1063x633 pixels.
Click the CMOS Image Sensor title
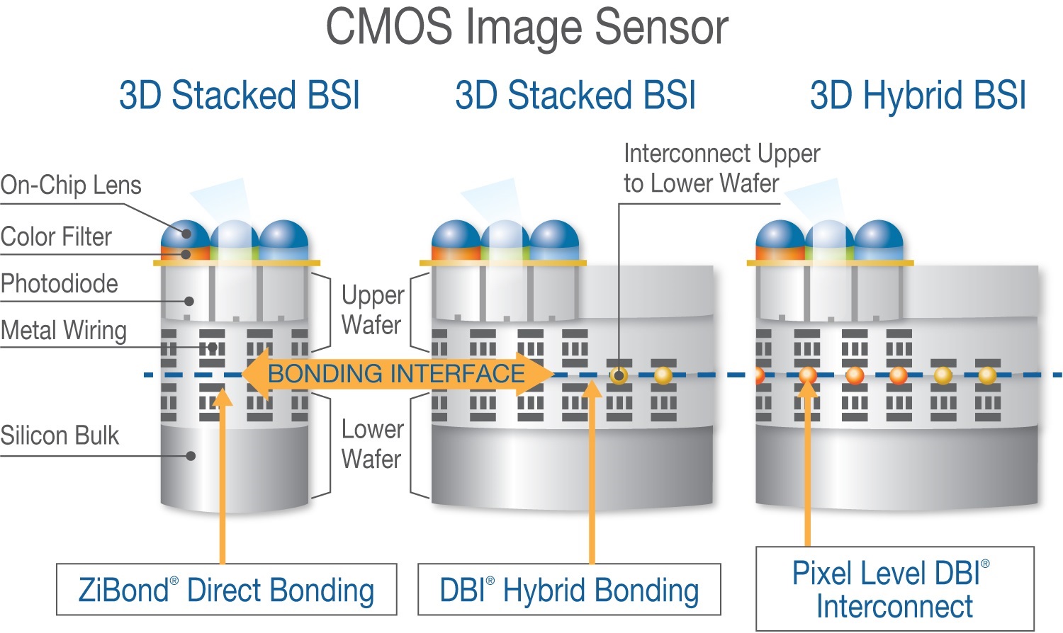click(x=527, y=27)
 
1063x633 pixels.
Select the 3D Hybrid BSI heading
click(x=918, y=96)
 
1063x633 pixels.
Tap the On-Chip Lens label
click(x=71, y=186)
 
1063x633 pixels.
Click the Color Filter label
click(x=57, y=236)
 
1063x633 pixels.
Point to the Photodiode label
click(x=60, y=284)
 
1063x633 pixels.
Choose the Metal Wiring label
click(x=64, y=331)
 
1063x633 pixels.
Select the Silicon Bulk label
click(x=60, y=435)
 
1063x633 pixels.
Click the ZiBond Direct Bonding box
click(x=226, y=590)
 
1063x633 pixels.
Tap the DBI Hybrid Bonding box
click(x=569, y=590)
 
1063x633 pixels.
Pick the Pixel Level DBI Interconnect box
click(x=894, y=589)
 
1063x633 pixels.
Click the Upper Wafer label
click(x=372, y=310)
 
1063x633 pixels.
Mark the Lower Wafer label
click(x=372, y=444)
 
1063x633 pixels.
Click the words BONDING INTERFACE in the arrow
click(x=396, y=374)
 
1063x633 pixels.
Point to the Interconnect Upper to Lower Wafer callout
click(x=721, y=169)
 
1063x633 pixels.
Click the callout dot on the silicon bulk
click(x=191, y=456)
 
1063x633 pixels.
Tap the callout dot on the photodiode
click(x=189, y=301)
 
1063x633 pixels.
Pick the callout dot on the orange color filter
click(x=186, y=253)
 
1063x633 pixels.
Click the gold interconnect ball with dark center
click(x=619, y=375)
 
